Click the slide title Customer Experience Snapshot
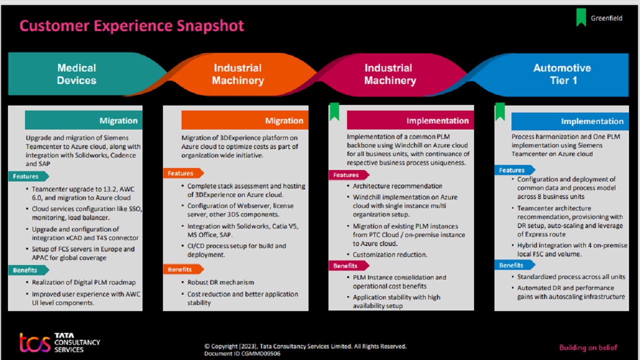coord(131,25)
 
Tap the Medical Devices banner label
coord(76,74)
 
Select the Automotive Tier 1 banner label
coord(562,74)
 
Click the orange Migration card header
coord(244,120)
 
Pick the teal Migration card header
coord(83,120)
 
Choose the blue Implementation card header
coord(569,121)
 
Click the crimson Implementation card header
coord(410,120)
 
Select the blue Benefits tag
coord(512,265)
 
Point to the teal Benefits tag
coord(26,270)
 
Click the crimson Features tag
coord(347,175)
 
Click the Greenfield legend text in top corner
coord(606,18)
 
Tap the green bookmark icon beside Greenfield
coord(580,17)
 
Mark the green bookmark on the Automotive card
coord(500,111)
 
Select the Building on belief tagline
coord(588,347)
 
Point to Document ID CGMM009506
coord(242,353)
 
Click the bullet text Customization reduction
coord(390,254)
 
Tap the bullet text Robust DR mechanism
coord(220,282)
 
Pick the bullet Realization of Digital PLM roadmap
coord(83,282)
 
